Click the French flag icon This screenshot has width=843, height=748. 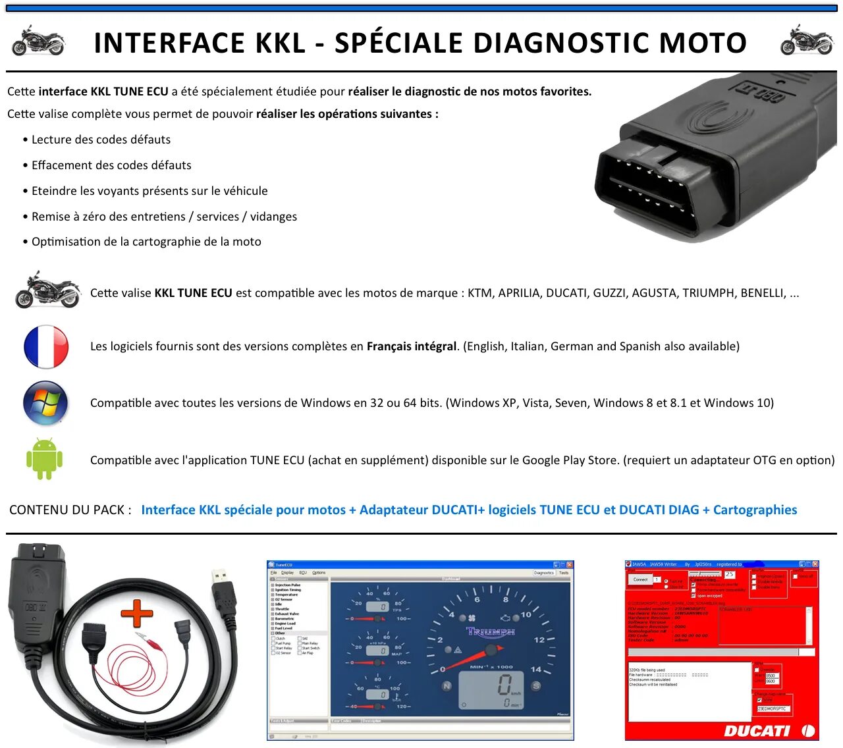coord(46,346)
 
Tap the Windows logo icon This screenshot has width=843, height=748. coord(45,403)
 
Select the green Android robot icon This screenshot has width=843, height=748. coord(44,459)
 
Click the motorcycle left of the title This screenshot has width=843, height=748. coord(38,41)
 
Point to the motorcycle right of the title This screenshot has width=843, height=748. coord(806,41)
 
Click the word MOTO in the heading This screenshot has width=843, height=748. coord(703,43)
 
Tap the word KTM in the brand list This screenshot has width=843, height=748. coord(479,293)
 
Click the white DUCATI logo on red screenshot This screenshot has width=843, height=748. coord(757,730)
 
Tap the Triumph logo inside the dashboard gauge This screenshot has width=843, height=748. coord(491,632)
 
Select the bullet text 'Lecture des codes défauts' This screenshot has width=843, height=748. coord(101,140)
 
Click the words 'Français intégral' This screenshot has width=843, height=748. coord(411,346)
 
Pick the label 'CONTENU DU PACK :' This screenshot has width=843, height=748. coord(70,510)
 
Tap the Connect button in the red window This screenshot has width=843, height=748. coord(640,579)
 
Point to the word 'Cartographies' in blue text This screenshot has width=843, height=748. coord(755,510)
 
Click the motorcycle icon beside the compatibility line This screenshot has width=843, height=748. coord(47,290)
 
